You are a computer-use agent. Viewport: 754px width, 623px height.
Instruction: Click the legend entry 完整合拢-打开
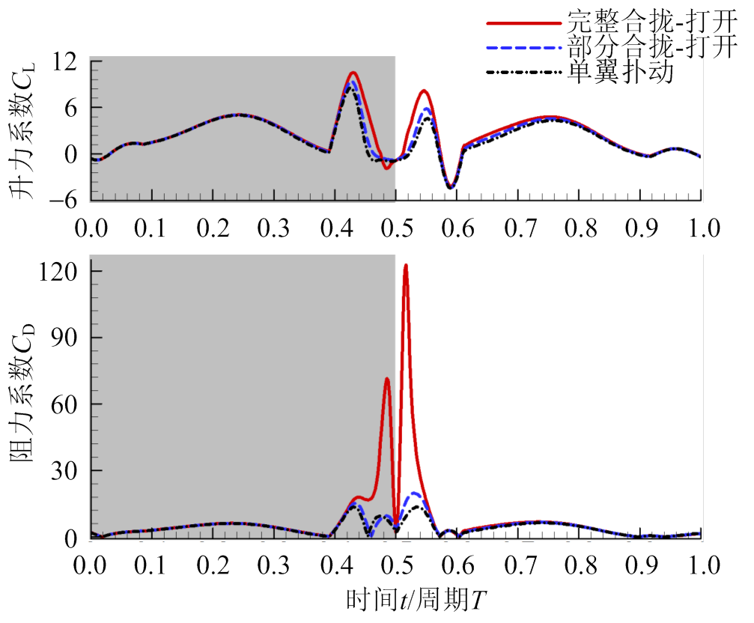click(651, 20)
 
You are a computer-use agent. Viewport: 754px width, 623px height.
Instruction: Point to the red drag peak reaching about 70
click(386, 379)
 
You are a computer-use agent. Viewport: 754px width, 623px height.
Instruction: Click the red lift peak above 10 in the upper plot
click(352, 73)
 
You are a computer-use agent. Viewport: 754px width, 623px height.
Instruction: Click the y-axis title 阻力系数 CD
click(22, 397)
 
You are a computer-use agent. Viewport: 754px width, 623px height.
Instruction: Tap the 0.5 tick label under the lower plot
click(395, 562)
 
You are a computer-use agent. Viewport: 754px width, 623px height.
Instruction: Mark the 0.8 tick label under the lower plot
click(579, 562)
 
